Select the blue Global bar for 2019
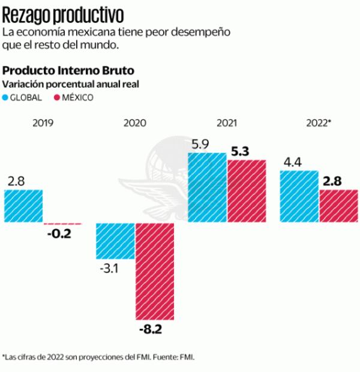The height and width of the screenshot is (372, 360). pos(23,206)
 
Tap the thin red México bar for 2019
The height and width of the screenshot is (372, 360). pos(62,223)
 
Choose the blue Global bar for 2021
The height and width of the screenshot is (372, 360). pos(208,187)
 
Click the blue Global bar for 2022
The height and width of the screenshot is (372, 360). pos(299,196)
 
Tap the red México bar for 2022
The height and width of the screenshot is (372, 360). pos(338,206)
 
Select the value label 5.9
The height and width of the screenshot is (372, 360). pos(200,145)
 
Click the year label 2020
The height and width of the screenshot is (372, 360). pos(135,123)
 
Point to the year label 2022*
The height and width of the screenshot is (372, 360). pos(319,123)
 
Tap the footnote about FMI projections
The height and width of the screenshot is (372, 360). pos(99,357)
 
